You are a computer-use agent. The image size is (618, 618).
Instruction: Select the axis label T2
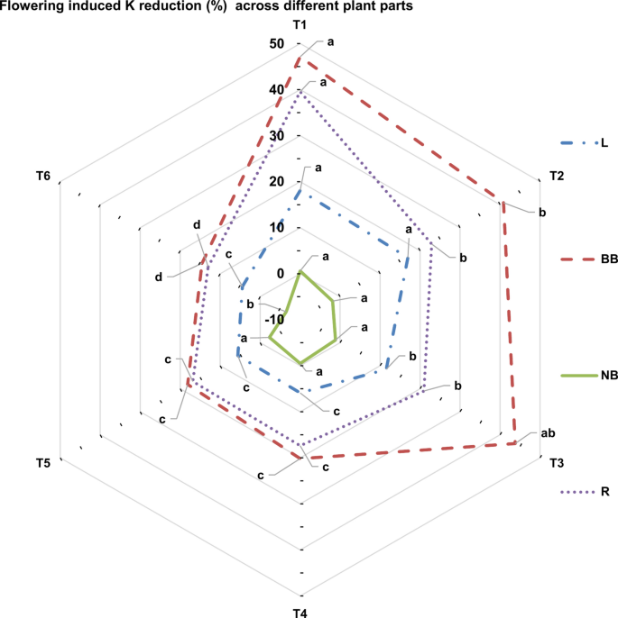(556, 176)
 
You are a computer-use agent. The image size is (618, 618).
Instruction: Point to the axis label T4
(300, 613)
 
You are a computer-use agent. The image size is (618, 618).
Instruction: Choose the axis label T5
(43, 463)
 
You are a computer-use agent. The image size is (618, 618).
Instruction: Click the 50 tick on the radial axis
(275, 44)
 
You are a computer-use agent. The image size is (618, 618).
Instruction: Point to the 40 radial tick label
(275, 90)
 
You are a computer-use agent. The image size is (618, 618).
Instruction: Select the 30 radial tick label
(275, 136)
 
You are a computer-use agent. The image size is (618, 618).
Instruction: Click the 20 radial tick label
(275, 182)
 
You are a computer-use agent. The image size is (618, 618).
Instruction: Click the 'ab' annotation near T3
(547, 434)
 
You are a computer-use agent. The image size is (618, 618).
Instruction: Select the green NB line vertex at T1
(300, 272)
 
